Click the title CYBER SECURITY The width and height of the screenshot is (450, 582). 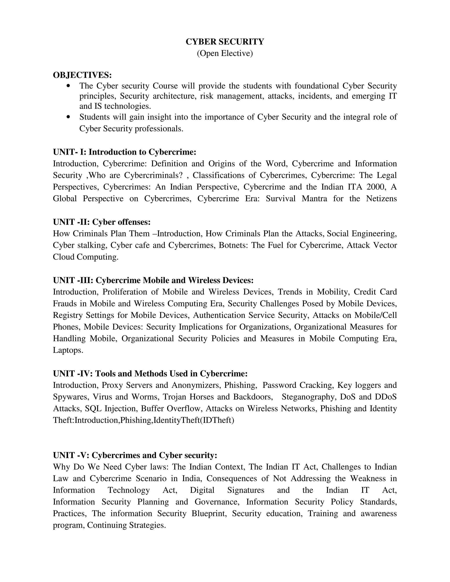pos(225,42)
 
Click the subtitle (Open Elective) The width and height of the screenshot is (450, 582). pos(225,53)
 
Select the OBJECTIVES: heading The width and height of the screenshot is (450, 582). pos(82,75)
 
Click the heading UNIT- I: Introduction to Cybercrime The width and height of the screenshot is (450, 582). pos(125,152)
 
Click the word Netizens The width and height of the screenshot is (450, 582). pos(381,199)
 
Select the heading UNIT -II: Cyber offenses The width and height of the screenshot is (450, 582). pos(102,222)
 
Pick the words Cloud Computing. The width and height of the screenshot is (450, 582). pos(85,257)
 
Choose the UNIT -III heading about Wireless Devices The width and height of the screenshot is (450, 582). pos(153,280)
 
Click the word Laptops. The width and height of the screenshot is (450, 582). pos(68,350)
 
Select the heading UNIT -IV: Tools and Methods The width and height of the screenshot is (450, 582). pos(150,373)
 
